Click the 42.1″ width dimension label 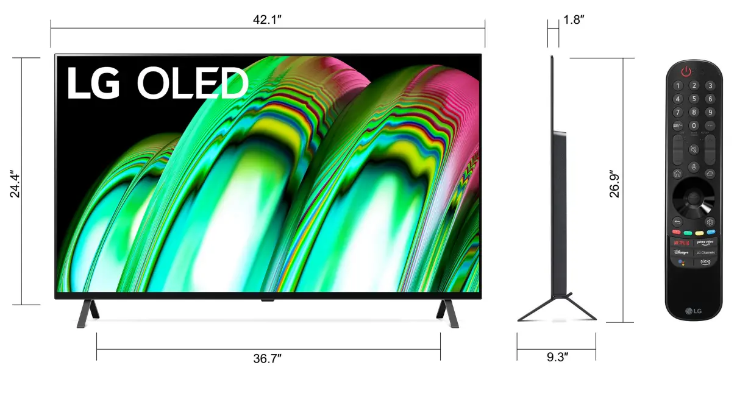(x=267, y=19)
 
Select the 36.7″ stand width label (x=267, y=359)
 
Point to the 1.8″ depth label (x=574, y=19)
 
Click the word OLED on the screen (x=193, y=83)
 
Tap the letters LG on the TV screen (x=93, y=83)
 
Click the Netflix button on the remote (x=682, y=242)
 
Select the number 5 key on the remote (x=694, y=99)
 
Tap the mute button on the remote (x=694, y=149)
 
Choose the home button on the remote (x=677, y=174)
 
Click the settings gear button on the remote (x=710, y=222)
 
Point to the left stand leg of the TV (x=87, y=313)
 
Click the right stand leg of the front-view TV (x=447, y=313)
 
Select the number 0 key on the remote (x=694, y=126)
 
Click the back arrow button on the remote (x=677, y=222)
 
